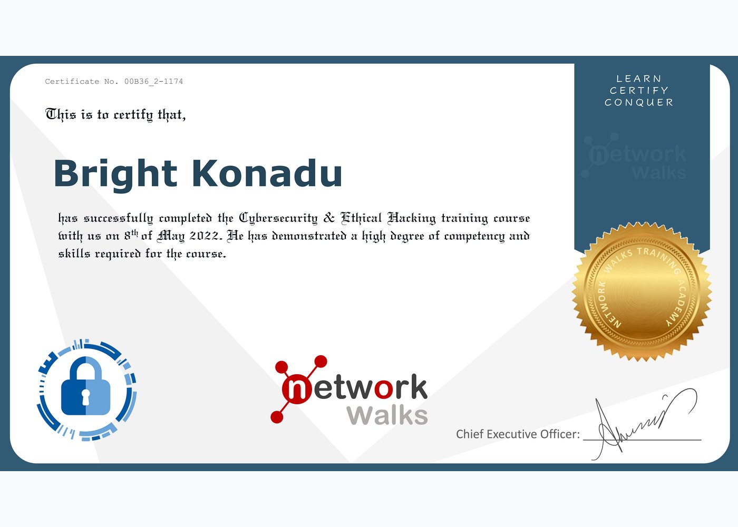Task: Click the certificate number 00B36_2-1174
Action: coord(153,82)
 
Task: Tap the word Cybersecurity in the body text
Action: coord(278,218)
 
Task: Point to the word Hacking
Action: coord(412,218)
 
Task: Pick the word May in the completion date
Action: coord(171,236)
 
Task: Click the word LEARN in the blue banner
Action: coord(639,79)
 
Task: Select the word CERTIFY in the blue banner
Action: coord(639,91)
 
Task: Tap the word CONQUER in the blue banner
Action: coord(639,103)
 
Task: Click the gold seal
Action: coord(642,291)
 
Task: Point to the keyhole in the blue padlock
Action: coord(86,396)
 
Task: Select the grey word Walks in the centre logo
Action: coord(387,416)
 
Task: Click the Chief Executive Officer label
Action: coord(518,434)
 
